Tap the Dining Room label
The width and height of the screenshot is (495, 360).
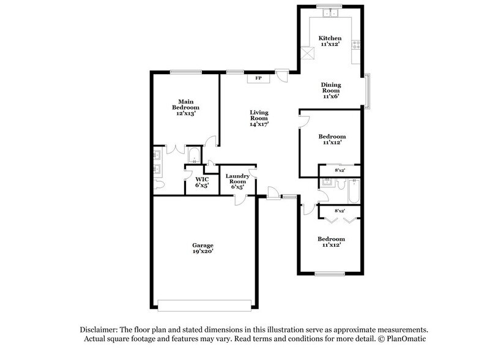(x=331, y=91)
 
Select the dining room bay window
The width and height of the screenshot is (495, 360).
(x=368, y=90)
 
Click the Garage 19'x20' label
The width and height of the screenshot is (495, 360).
(x=203, y=248)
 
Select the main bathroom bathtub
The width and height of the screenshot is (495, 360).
(x=193, y=155)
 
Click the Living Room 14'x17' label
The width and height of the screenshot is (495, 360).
(x=259, y=117)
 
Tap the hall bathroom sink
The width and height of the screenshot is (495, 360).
(x=327, y=182)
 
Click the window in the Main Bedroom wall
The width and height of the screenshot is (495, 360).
(x=185, y=72)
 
